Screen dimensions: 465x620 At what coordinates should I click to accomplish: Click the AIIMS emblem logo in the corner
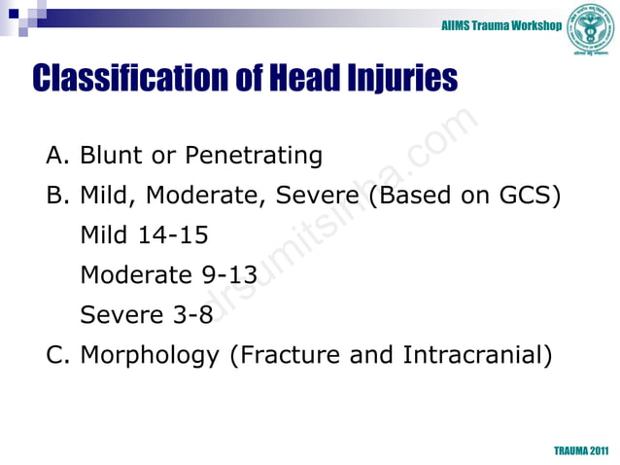[x=591, y=25]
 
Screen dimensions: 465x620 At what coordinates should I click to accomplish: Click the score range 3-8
[x=189, y=314]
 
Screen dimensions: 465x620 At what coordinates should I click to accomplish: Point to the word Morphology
[x=149, y=355]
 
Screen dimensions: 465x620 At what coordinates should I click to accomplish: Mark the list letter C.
[x=56, y=355]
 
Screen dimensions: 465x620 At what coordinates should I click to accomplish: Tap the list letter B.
[x=56, y=195]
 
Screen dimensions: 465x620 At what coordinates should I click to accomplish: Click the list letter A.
[x=56, y=155]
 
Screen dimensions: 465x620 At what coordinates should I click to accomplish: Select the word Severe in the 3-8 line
[x=119, y=314]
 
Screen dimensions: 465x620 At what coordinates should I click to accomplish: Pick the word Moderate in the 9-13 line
[x=136, y=274]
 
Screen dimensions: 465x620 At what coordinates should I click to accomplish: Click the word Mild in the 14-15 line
[x=103, y=234]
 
